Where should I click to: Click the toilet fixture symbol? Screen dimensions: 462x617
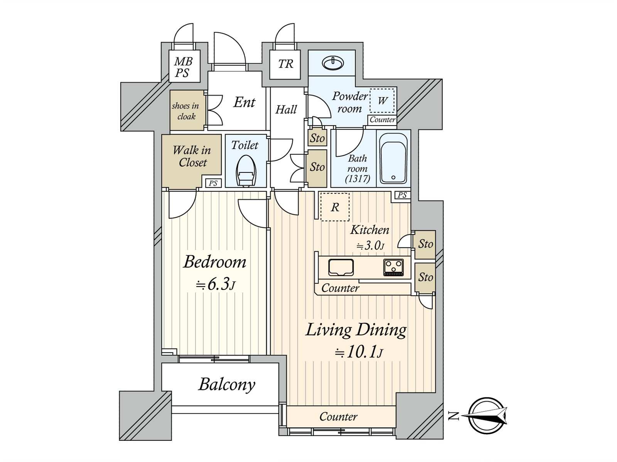tap(246, 172)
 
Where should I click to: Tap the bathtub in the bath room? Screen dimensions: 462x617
tap(393, 158)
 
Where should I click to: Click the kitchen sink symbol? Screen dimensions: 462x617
tap(341, 267)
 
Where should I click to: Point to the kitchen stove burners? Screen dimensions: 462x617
tap(393, 267)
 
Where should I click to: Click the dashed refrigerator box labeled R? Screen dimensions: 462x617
tap(335, 207)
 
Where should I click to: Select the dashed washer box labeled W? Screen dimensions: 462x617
tap(382, 100)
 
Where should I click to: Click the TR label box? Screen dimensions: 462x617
tap(285, 64)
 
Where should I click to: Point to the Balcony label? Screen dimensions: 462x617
tap(227, 384)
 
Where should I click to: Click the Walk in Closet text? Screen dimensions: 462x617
tap(192, 156)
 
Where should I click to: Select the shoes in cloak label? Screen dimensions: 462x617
tap(186, 111)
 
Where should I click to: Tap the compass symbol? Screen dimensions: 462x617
tap(487, 416)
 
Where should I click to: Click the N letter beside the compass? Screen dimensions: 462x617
tap(454, 416)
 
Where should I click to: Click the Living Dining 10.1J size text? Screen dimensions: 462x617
tap(359, 352)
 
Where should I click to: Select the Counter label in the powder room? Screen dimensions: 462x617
tap(382, 120)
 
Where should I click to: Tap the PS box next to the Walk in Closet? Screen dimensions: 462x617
tap(213, 183)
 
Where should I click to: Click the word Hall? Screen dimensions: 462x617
tap(286, 110)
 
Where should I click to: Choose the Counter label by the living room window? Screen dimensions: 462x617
tap(338, 417)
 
